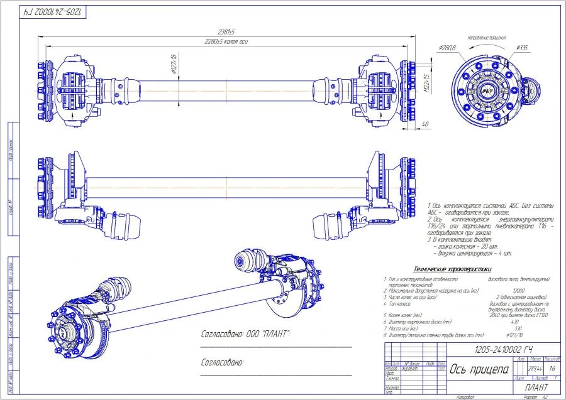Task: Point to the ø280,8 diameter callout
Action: (447, 48)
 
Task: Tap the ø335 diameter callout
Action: (521, 48)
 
